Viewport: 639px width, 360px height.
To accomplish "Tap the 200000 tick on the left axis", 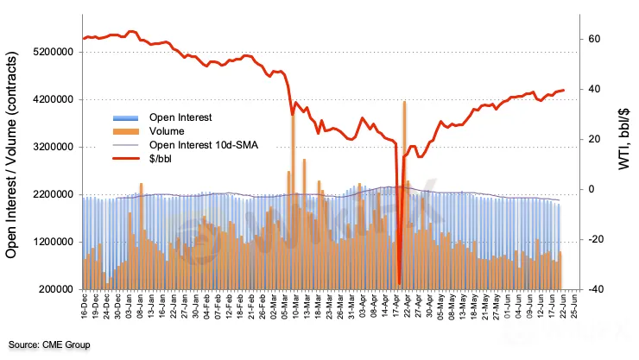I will point(55,289).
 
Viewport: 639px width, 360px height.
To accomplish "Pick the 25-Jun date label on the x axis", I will point(573,309).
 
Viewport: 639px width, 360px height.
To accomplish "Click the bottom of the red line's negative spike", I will point(399,281).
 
